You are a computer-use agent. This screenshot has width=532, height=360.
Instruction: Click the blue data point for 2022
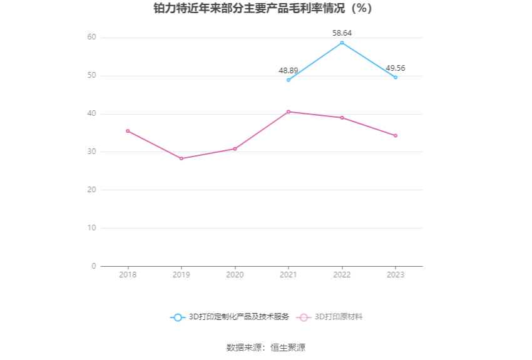(342, 43)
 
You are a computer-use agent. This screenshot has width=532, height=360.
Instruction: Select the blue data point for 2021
(289, 80)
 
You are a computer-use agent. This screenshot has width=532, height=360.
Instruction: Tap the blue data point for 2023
(396, 77)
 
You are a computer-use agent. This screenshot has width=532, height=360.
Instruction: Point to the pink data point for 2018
(128, 131)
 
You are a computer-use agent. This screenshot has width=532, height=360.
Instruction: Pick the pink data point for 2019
(182, 158)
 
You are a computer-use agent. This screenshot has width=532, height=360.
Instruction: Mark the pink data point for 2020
(235, 148)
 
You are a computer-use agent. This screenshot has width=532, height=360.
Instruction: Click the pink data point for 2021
(289, 111)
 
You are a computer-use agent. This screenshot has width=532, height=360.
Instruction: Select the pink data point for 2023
(396, 135)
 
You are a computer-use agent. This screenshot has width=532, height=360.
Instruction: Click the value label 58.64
(342, 33)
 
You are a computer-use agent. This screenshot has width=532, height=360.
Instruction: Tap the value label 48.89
(289, 71)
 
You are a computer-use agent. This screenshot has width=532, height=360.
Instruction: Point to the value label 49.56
(396, 68)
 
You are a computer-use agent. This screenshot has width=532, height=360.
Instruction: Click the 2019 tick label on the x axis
(182, 275)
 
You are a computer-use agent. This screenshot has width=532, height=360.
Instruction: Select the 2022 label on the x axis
(342, 275)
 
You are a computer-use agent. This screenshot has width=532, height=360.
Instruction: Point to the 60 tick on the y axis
(91, 38)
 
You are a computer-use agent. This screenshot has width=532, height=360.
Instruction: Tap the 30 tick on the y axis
(91, 152)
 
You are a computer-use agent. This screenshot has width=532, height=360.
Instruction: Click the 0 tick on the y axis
(94, 266)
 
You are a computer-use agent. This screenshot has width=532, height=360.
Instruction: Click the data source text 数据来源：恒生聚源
(265, 347)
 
